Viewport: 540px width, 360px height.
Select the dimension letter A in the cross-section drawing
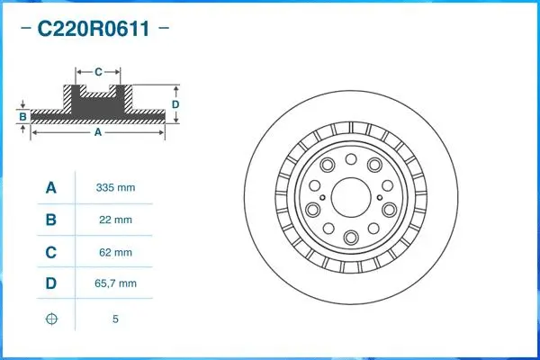(97, 132)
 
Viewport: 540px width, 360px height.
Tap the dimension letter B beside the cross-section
(22, 116)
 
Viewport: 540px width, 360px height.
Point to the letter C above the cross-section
(97, 69)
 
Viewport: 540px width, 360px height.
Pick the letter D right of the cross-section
(176, 104)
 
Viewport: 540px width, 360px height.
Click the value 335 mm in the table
(115, 188)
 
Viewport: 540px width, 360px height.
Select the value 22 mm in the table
(115, 220)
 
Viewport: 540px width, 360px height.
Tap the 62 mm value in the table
(115, 252)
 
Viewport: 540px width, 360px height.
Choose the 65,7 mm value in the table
(115, 284)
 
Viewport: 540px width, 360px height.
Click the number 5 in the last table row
(115, 319)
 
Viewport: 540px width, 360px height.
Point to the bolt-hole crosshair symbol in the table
(51, 319)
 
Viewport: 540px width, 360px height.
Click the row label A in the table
(51, 188)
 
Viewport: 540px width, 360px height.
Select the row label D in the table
(51, 284)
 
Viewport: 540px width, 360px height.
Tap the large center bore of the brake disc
(350, 197)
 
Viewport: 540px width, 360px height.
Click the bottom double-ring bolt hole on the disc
(350, 238)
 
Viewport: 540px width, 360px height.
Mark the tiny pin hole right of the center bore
(382, 198)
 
